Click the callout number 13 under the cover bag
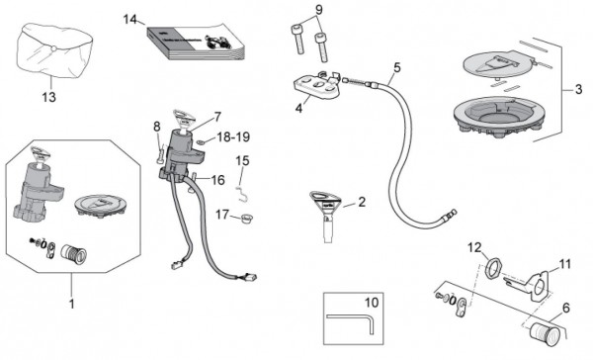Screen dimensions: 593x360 coord(48,97)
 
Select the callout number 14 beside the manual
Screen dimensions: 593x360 coord(130,19)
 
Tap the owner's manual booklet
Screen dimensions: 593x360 coord(196,42)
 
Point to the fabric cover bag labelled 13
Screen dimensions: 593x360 coord(54,50)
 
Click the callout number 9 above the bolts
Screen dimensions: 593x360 coord(319,10)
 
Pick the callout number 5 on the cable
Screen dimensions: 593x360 coord(396,68)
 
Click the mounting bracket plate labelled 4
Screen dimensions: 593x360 coord(316,87)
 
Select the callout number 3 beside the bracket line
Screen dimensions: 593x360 coord(578,89)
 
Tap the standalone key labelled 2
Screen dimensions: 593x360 coord(325,215)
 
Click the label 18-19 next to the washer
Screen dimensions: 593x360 coord(233,137)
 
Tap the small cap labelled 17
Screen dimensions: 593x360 coord(246,219)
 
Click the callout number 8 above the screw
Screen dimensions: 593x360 coord(157,127)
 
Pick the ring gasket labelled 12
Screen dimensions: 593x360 coord(494,267)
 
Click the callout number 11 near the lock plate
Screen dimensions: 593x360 coord(565,264)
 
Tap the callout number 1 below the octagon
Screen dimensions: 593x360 coord(71,304)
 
